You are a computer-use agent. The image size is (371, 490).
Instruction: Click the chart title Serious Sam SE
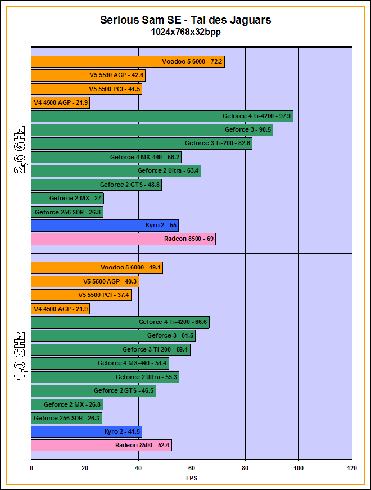[185, 20]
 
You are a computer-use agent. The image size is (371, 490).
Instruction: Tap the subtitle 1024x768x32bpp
[185, 32]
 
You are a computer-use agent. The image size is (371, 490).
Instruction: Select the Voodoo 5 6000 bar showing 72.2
[128, 62]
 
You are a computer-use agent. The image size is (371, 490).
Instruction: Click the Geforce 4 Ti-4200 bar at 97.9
[162, 116]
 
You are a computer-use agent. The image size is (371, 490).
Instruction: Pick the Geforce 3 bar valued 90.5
[152, 130]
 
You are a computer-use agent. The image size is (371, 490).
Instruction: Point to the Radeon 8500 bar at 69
[123, 239]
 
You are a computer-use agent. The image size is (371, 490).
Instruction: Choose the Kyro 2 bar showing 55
[105, 226]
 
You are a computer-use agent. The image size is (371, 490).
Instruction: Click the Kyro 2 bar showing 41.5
[87, 431]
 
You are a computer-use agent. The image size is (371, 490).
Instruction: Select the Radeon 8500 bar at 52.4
[101, 445]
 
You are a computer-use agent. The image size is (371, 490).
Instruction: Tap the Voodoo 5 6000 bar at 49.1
[97, 268]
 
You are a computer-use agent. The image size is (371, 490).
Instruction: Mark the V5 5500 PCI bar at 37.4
[81, 295]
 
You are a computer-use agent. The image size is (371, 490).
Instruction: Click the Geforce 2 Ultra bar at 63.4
[116, 171]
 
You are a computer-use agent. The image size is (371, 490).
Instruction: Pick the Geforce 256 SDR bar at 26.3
[66, 418]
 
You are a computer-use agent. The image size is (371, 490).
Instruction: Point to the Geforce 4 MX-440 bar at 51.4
[100, 363]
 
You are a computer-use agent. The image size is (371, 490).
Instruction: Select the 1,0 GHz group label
[20, 356]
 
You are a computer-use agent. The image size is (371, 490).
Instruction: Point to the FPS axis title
[192, 478]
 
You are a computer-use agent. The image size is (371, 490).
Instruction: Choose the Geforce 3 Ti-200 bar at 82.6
[142, 143]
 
